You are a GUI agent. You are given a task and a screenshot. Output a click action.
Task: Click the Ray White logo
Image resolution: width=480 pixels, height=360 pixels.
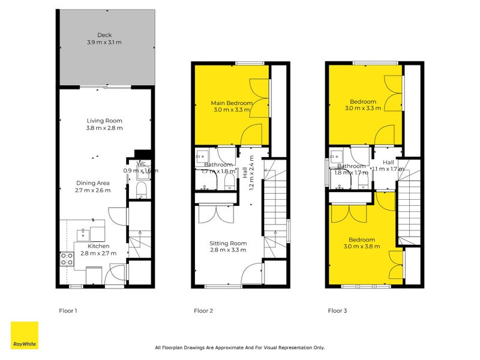(24, 335)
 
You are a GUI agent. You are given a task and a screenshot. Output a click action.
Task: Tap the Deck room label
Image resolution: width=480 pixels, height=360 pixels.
(105, 35)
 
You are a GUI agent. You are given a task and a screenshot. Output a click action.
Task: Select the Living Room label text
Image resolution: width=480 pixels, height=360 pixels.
(104, 120)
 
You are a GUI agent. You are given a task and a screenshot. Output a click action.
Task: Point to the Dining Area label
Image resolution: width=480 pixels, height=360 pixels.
(92, 183)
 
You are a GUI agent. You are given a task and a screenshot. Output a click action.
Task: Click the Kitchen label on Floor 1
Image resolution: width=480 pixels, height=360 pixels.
(98, 246)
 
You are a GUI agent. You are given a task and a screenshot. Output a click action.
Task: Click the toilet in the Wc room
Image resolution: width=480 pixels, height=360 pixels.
(140, 190)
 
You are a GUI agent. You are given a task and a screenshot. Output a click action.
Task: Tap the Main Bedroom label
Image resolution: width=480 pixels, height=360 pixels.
(231, 103)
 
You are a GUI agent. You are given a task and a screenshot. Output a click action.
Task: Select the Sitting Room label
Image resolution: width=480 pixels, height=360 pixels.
(227, 243)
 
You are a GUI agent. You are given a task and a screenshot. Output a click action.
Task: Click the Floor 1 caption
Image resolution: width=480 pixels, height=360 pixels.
(68, 311)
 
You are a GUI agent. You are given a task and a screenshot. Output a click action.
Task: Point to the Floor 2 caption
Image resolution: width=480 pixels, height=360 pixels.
(203, 311)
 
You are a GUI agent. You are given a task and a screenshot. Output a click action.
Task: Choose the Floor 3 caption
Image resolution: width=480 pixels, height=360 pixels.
(337, 311)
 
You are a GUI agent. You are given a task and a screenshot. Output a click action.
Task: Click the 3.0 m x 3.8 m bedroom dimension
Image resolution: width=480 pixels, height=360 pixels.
(362, 247)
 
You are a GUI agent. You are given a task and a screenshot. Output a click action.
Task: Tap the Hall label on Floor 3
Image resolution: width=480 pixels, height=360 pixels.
(389, 162)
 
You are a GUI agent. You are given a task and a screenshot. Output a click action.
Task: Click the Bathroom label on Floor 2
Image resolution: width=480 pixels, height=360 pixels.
(218, 164)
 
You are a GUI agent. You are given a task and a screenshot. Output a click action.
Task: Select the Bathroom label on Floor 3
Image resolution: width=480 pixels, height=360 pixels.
(351, 166)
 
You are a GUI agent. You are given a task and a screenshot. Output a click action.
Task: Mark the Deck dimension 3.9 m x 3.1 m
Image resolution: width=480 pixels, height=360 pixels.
(105, 42)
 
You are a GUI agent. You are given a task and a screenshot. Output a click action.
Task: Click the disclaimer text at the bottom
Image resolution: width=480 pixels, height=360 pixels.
(239, 347)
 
